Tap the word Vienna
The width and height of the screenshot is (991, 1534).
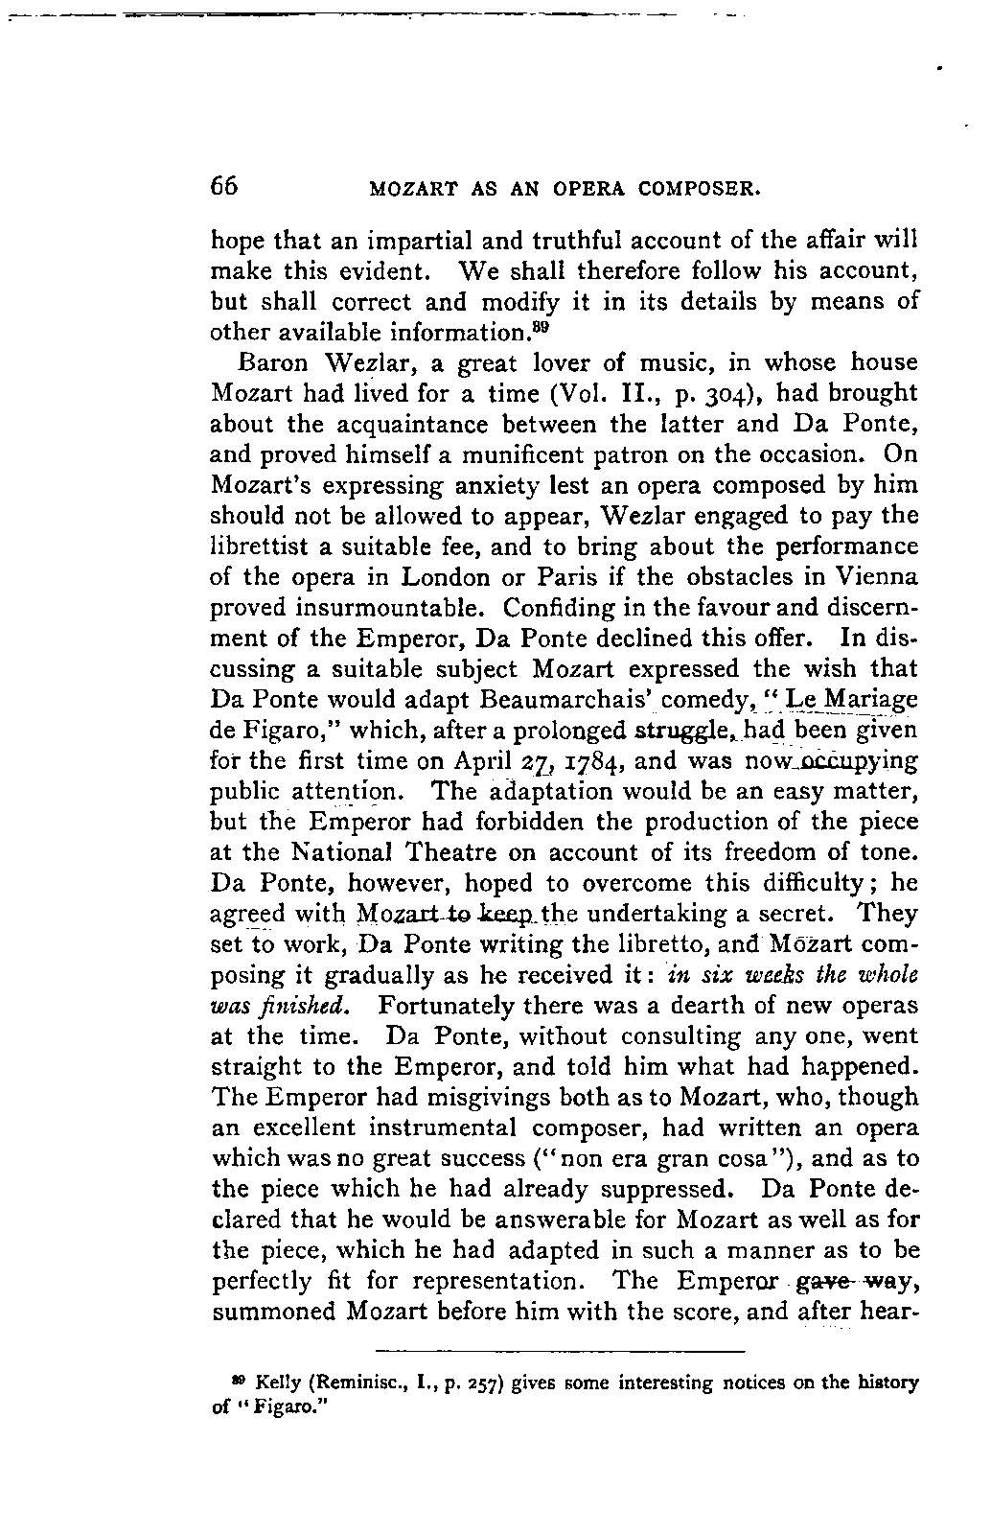[875, 578]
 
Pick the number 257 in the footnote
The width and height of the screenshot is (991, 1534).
[487, 1384]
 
